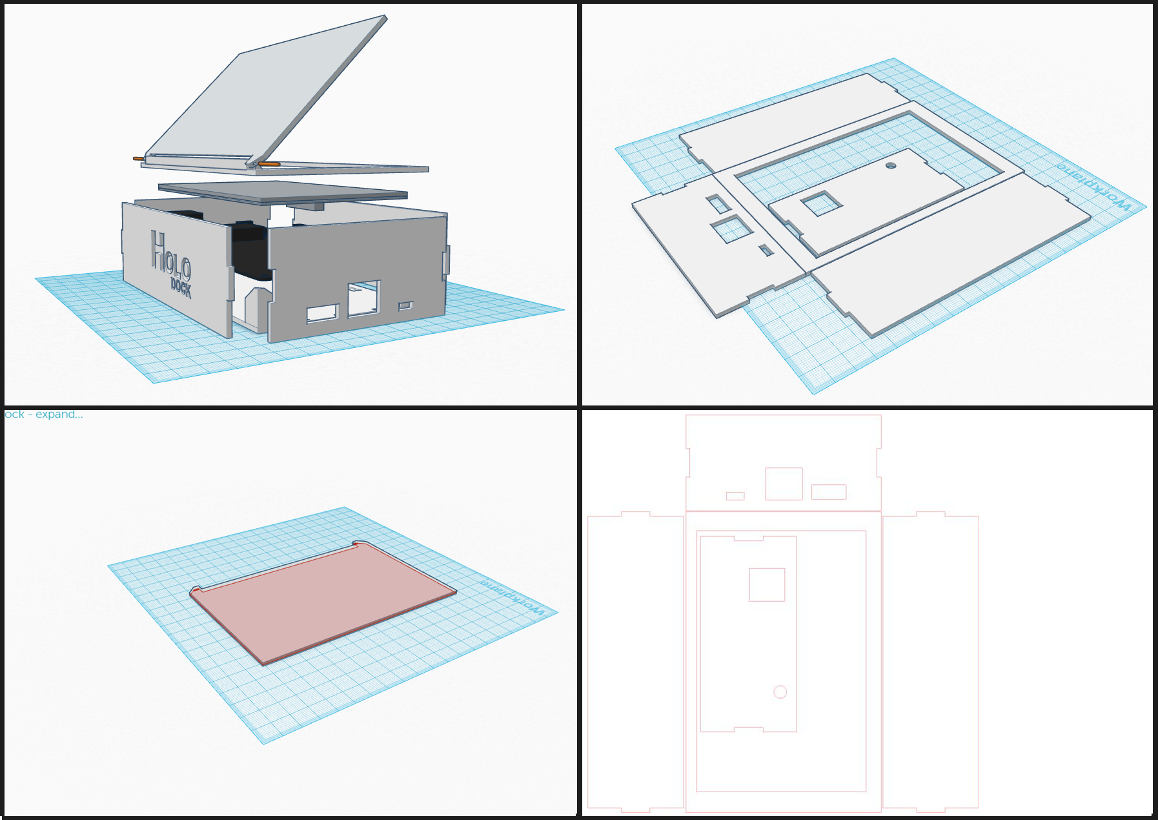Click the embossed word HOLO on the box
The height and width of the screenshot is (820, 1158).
point(170,255)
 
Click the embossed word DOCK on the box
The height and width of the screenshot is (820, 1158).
point(181,287)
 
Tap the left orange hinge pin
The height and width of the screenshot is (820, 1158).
point(139,158)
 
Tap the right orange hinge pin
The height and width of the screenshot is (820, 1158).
point(270,165)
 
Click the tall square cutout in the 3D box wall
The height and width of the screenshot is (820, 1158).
point(363,298)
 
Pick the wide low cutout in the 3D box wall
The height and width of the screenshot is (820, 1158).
point(322,314)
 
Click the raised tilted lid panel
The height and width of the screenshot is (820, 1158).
point(265,97)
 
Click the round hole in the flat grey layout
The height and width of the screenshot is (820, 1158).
point(891,166)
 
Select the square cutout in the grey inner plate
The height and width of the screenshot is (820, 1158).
point(821,204)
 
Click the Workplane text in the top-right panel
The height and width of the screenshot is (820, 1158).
point(1093,187)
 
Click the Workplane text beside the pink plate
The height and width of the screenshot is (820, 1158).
point(513,597)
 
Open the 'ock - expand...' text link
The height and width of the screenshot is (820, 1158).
point(44,415)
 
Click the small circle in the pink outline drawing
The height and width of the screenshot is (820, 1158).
point(780,692)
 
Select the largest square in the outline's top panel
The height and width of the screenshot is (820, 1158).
point(784,484)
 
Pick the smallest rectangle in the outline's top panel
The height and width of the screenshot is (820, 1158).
point(735,496)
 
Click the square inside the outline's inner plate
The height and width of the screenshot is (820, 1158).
point(767,585)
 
